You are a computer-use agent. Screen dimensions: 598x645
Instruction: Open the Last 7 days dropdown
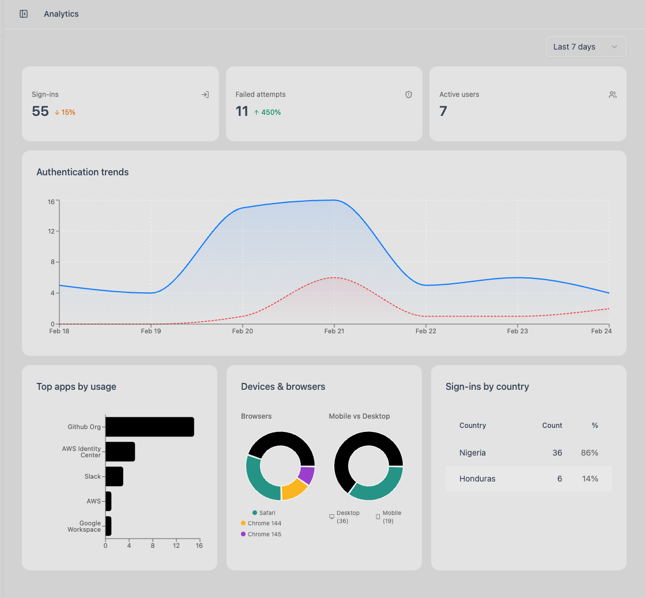coord(585,47)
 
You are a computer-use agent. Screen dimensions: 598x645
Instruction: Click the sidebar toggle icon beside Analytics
coord(24,14)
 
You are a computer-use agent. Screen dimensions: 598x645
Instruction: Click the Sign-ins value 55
coord(40,111)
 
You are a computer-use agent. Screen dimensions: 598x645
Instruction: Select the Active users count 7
coord(443,111)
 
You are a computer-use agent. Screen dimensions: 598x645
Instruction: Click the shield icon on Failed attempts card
coord(409,95)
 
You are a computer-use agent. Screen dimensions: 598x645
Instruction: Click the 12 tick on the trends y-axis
coord(51,231)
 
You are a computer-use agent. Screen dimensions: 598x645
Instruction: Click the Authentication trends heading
coord(82,172)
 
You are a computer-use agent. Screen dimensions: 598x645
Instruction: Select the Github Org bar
coord(149,427)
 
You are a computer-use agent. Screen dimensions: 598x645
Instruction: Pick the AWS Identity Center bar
coord(120,452)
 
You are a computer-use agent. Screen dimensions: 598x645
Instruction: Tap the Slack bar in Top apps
coord(114,476)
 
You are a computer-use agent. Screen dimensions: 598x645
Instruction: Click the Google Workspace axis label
coord(84,526)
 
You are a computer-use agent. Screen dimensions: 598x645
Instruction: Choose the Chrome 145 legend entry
coord(263,534)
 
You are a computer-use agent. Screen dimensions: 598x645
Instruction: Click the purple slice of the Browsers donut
coord(307,475)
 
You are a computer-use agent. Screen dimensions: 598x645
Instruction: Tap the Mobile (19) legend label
coord(391,517)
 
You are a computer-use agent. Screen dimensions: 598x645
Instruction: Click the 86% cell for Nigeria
coord(589,453)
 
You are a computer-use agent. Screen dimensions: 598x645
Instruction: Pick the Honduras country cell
coord(477,479)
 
